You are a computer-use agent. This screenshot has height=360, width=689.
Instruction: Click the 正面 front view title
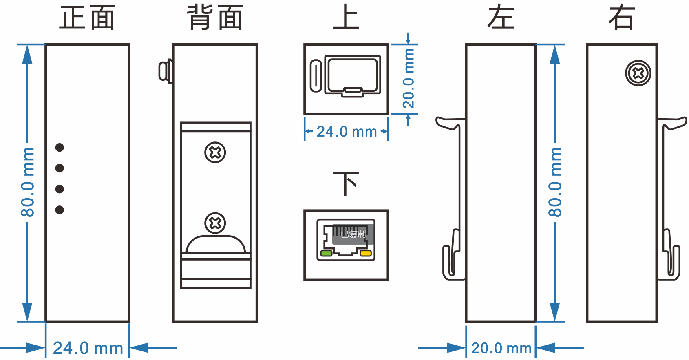pyautogui.click(x=87, y=18)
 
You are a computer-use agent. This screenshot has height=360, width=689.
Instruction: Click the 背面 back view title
pyautogui.click(x=215, y=18)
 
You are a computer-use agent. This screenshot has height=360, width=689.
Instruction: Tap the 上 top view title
pyautogui.click(x=346, y=17)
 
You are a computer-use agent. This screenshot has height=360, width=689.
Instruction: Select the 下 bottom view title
pyautogui.click(x=346, y=184)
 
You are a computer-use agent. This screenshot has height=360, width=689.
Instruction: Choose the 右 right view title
pyautogui.click(x=621, y=18)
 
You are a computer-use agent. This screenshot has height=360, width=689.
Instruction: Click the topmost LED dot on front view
pyautogui.click(x=60, y=147)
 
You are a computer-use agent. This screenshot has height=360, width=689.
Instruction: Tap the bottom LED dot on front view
pyautogui.click(x=60, y=210)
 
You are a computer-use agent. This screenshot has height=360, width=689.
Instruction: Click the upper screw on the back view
pyautogui.click(x=215, y=152)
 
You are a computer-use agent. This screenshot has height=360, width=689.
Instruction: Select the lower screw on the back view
pyautogui.click(x=215, y=223)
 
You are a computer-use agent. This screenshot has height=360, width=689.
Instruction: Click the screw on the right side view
pyautogui.click(x=638, y=73)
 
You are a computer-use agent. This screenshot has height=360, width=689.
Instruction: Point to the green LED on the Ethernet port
pyautogui.click(x=327, y=254)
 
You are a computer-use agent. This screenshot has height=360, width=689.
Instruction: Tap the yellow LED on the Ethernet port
pyautogui.click(x=366, y=254)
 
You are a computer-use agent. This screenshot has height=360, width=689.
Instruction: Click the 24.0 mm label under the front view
pyautogui.click(x=88, y=349)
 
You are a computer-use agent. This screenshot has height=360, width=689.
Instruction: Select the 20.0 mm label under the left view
pyautogui.click(x=501, y=349)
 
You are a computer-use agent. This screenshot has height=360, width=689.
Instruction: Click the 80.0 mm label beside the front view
pyautogui.click(x=28, y=182)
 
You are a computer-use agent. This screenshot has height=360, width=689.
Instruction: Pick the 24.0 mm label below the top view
pyautogui.click(x=347, y=132)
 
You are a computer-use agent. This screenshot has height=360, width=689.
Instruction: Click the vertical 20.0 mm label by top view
pyautogui.click(x=409, y=79)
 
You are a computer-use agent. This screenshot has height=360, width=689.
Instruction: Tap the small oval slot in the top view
pyautogui.click(x=316, y=76)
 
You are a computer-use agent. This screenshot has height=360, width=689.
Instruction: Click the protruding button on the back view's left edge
pyautogui.click(x=165, y=71)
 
